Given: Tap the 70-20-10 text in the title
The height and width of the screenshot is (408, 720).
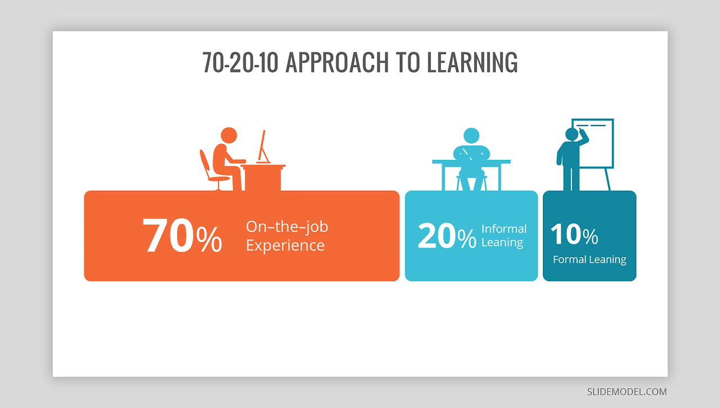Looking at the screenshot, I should [x=240, y=62].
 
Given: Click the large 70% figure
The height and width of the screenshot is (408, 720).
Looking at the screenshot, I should [x=182, y=236].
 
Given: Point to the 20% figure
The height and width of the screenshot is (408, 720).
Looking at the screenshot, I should [x=447, y=236].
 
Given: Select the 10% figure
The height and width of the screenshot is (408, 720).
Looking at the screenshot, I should [x=574, y=234].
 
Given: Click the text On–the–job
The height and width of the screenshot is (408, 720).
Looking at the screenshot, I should [x=287, y=227].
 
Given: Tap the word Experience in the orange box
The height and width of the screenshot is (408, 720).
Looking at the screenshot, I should [x=285, y=245].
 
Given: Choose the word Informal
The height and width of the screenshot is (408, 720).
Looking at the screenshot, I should [x=504, y=228].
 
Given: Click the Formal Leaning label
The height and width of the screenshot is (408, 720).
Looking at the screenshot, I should [x=589, y=259].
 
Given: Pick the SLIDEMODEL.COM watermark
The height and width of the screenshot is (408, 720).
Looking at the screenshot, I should [x=627, y=392].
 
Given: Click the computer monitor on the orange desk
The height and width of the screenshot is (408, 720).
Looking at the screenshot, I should [x=263, y=145].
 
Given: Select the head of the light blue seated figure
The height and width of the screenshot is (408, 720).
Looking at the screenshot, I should [x=471, y=135].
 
